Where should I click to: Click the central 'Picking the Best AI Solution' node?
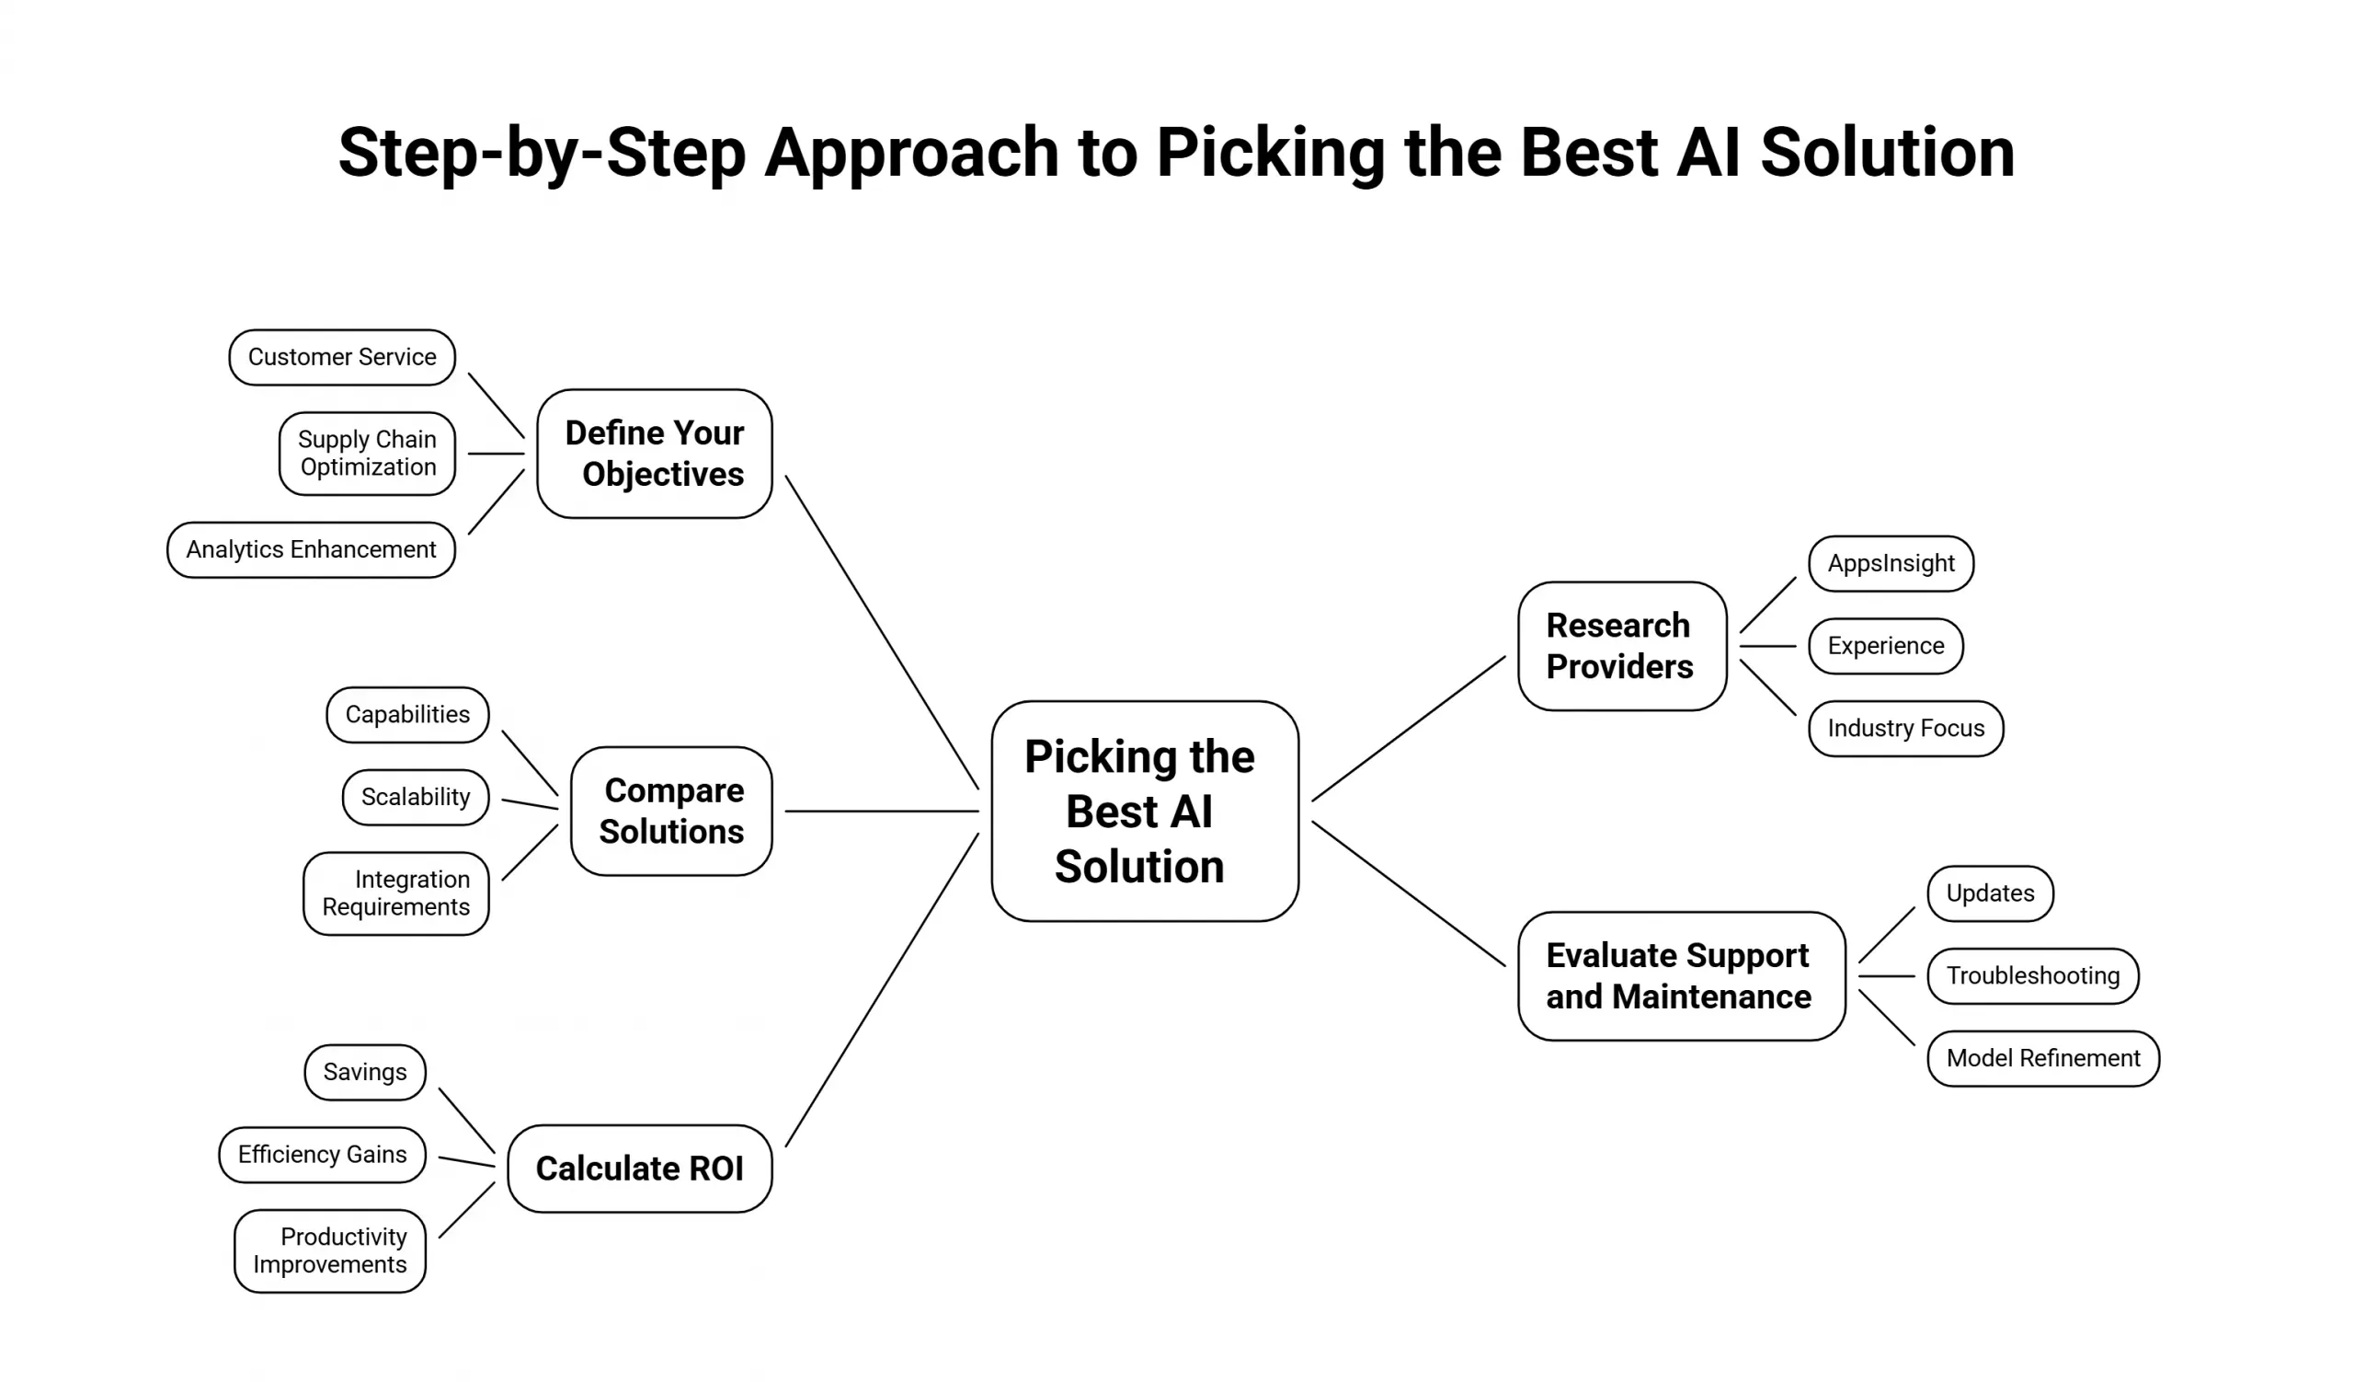coord(1144,811)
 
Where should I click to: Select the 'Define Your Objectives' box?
coord(654,454)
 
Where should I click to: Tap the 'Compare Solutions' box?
coord(670,811)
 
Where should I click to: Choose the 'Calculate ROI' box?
coord(639,1168)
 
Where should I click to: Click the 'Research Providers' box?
coord(1622,646)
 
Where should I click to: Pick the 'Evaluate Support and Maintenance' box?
coord(1681,975)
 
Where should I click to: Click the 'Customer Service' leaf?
coord(342,357)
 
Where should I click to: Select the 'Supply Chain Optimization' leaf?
coord(367,454)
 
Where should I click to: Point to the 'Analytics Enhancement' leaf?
coord(311,549)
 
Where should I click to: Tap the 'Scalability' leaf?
coord(416,797)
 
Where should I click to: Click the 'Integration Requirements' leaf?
coord(396,893)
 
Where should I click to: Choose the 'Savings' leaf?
coord(365,1072)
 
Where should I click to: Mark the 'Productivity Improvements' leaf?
coord(330,1250)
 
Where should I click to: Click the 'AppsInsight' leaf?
coord(1891,563)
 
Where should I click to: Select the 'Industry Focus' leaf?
coord(1905,728)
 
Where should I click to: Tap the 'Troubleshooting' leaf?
coord(2033,975)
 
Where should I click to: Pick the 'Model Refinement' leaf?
coord(2043,1058)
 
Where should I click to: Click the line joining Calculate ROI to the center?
coord(882,990)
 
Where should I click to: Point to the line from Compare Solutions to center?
coord(882,811)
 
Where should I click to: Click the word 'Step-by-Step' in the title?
coord(542,153)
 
